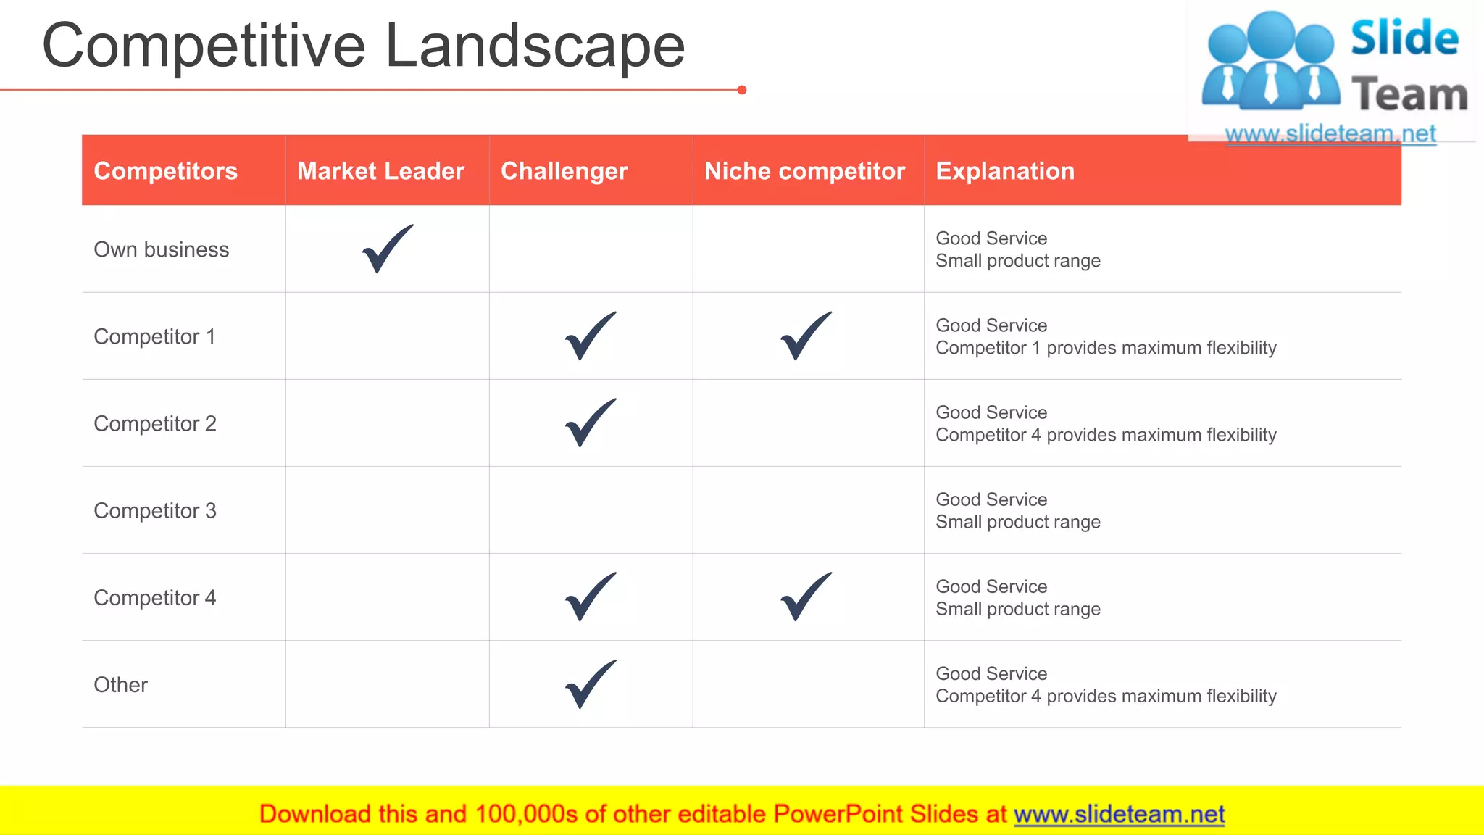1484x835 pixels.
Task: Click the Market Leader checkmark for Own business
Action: coord(387,249)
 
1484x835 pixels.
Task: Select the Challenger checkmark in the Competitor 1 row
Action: coord(591,336)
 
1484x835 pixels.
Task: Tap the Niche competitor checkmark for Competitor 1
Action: coord(806,336)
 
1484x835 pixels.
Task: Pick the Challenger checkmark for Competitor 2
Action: coord(591,423)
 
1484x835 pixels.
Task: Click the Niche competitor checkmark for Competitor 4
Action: coord(806,597)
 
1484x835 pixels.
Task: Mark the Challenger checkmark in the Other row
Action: coord(591,684)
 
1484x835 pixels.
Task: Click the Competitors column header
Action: coord(166,171)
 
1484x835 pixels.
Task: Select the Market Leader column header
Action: coord(380,171)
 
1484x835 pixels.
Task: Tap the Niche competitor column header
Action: coord(804,171)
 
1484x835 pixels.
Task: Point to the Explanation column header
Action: coord(1005,171)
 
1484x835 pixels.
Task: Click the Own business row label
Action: coord(162,249)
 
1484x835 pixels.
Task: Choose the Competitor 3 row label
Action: coord(155,510)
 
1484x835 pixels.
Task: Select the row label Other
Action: coord(121,684)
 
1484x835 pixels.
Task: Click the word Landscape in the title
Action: coord(535,46)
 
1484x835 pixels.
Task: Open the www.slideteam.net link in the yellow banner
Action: coord(1119,814)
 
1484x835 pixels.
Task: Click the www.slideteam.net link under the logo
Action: coord(1330,134)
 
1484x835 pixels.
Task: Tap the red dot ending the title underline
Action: coord(742,90)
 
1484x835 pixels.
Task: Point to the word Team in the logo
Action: coord(1409,95)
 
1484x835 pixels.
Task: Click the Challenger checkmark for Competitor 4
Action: coord(591,597)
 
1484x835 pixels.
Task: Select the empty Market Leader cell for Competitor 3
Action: coord(387,510)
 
